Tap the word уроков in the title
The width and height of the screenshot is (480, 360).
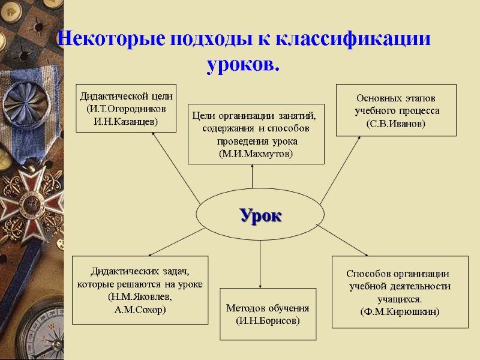(x=242, y=63)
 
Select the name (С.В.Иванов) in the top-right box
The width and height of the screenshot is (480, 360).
(x=396, y=124)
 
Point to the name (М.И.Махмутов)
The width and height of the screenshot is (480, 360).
(x=252, y=154)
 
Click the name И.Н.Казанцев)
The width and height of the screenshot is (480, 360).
(x=126, y=121)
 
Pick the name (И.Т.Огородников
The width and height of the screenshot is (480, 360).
(x=126, y=109)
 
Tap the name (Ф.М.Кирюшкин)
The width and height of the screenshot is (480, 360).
(x=400, y=311)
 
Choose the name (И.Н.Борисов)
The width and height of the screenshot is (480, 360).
(x=268, y=320)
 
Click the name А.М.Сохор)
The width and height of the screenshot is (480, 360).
(x=140, y=310)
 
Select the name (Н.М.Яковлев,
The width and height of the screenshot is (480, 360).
(x=140, y=297)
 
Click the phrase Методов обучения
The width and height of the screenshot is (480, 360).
(x=268, y=308)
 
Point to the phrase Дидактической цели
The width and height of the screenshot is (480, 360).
(x=126, y=96)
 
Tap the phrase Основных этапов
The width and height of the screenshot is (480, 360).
(x=396, y=98)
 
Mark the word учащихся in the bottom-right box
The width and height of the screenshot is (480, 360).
(x=400, y=298)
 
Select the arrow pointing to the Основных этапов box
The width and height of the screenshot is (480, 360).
(x=342, y=168)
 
